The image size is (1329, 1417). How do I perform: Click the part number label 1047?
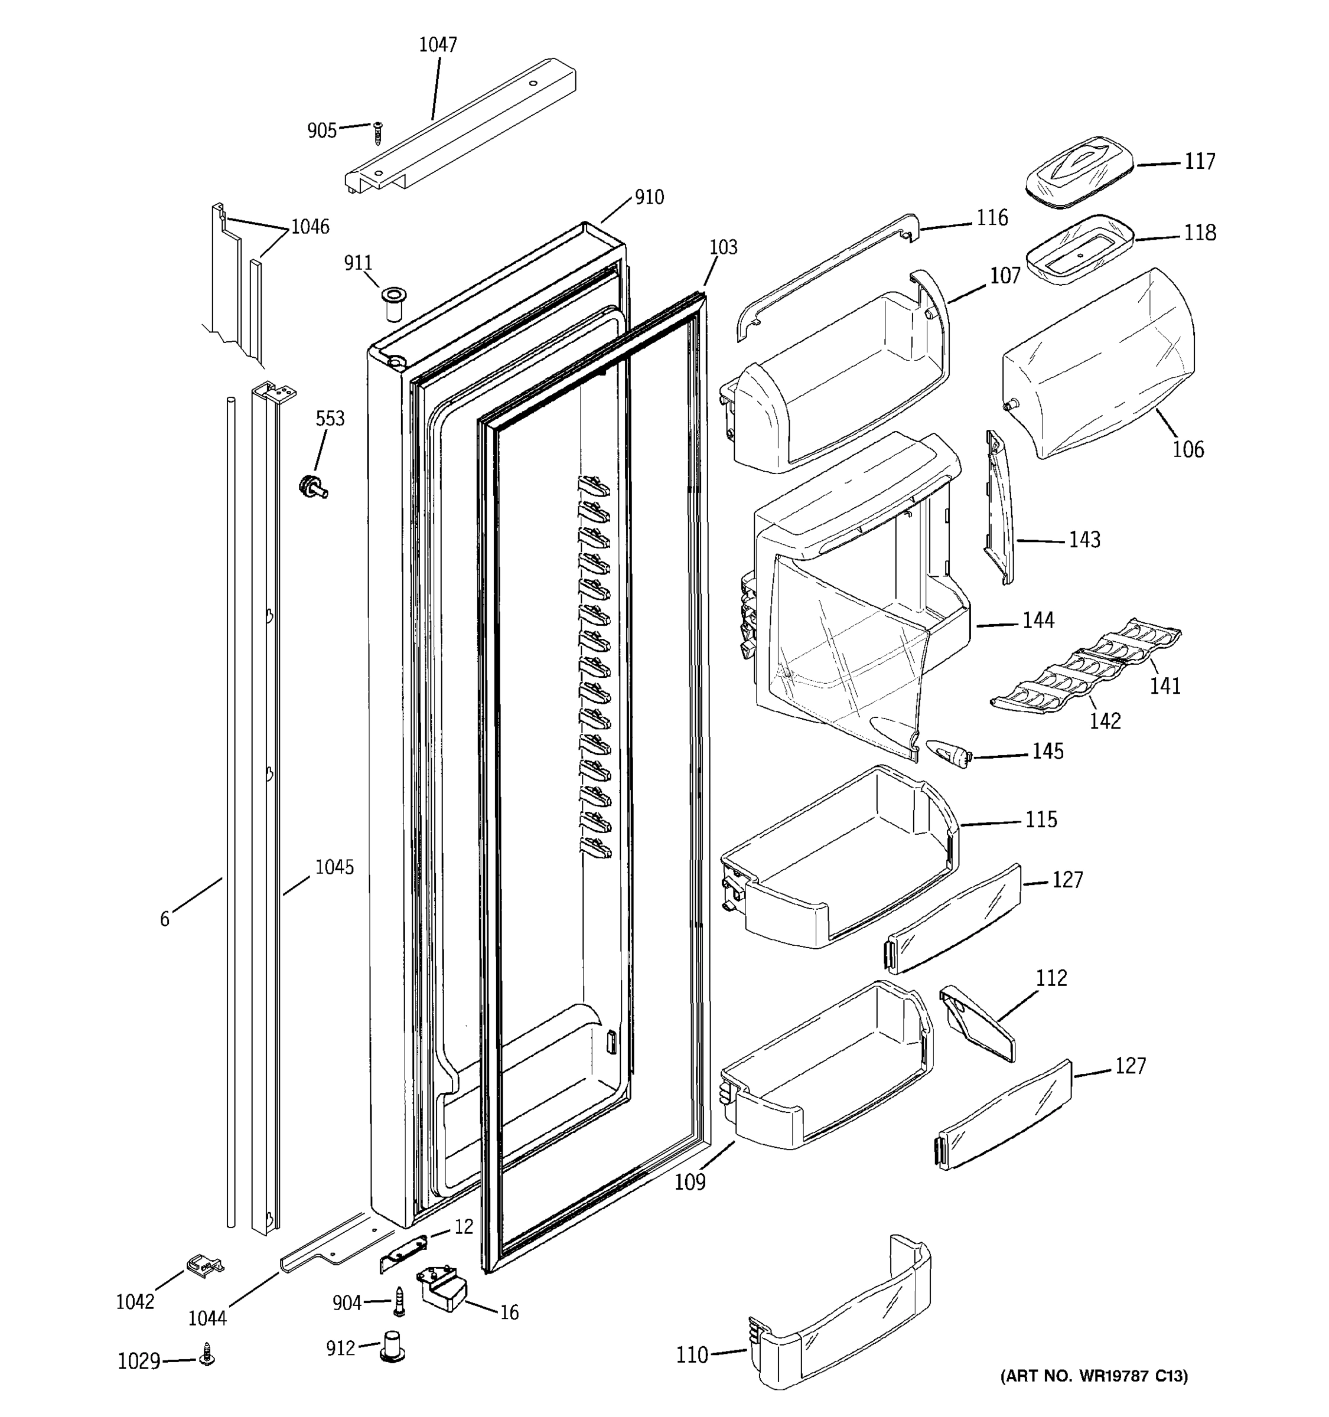coord(437,45)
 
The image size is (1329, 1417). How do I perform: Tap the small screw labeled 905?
coord(378,133)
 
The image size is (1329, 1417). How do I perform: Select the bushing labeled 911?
coord(390,303)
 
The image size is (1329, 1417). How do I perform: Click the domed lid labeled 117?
coord(1080,172)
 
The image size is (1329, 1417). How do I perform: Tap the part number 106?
coord(1188,449)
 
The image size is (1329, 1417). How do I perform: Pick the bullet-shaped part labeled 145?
coord(949,753)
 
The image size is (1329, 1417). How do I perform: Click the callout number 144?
coord(1038,621)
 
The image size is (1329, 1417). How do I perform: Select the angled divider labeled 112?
coord(977,1024)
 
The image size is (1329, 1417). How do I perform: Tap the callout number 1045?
coord(334,867)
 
